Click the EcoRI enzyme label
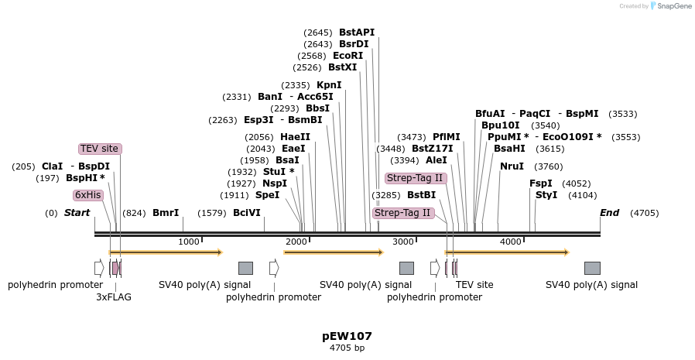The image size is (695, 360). click(x=348, y=56)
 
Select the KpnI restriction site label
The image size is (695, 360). click(x=329, y=85)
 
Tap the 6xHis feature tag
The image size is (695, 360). click(x=87, y=195)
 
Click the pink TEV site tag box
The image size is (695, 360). click(x=100, y=149)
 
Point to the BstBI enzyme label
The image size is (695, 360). click(x=422, y=195)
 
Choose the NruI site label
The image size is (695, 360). click(x=512, y=166)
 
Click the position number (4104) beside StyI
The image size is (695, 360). click(x=583, y=195)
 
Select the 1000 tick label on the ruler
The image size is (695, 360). click(x=188, y=242)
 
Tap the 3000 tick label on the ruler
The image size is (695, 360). click(x=403, y=242)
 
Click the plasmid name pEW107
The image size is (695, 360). click(x=347, y=336)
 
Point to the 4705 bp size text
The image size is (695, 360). click(x=347, y=348)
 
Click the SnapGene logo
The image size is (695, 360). click(x=671, y=5)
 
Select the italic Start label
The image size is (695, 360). click(x=77, y=213)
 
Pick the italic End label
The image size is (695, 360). click(x=609, y=213)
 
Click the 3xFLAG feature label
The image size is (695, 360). click(x=114, y=297)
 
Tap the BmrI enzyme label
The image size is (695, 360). click(x=166, y=213)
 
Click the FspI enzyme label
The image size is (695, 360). click(x=541, y=183)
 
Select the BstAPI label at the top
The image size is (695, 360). click(x=357, y=33)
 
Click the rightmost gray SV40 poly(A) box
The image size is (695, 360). click(x=592, y=268)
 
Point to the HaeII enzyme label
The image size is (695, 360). click(x=295, y=137)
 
